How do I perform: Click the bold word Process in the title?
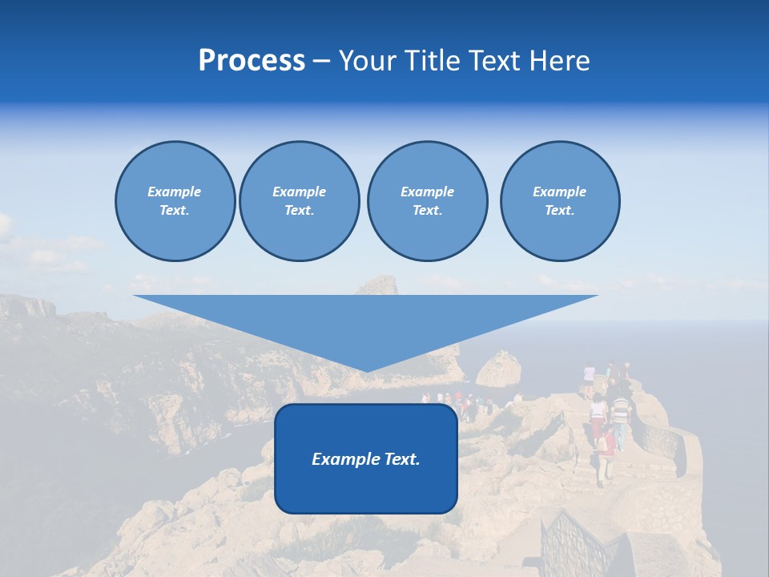click(252, 61)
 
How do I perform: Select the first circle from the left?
click(175, 201)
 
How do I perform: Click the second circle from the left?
click(299, 201)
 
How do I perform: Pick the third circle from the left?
click(427, 201)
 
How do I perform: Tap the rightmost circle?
click(559, 201)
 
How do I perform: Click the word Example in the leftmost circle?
click(175, 192)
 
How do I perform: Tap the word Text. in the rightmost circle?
click(559, 211)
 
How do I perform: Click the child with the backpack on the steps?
click(607, 445)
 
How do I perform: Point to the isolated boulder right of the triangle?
click(498, 369)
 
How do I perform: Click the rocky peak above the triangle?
click(378, 284)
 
